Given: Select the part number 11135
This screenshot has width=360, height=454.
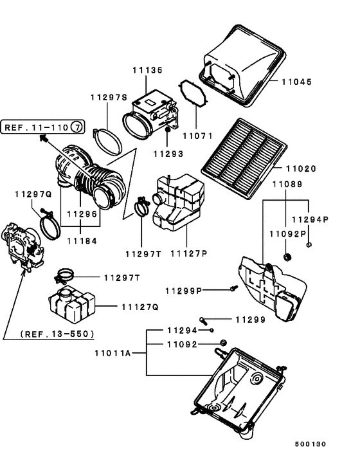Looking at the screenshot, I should (x=148, y=70).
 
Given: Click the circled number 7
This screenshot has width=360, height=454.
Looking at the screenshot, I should (x=76, y=127).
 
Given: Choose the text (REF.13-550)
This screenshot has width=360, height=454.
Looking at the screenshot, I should (x=57, y=334).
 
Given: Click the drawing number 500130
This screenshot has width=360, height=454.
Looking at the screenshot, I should (x=311, y=444).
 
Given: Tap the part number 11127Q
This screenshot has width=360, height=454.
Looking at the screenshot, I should (x=139, y=307).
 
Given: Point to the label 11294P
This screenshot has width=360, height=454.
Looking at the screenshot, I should (x=314, y=219).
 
